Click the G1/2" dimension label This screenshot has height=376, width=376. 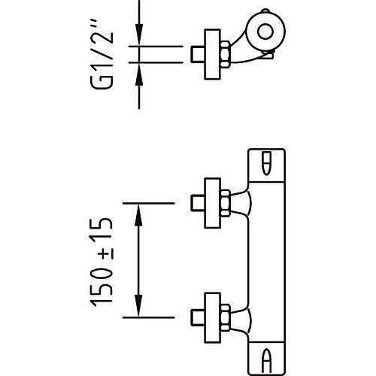pyautogui.click(x=102, y=54)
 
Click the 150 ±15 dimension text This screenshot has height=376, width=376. pyautogui.click(x=102, y=262)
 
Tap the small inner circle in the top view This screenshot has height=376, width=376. pyautogui.click(x=265, y=32)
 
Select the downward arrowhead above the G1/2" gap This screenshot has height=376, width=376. pyautogui.click(x=139, y=35)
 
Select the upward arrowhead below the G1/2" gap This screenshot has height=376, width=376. pyautogui.click(x=139, y=74)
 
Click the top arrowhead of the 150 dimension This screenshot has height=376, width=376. pyautogui.click(x=138, y=215)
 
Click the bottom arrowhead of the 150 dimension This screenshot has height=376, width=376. pyautogui.click(x=138, y=305)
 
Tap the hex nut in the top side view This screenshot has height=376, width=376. pyautogui.click(x=225, y=54)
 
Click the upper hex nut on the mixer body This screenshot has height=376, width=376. pyautogui.click(x=225, y=203)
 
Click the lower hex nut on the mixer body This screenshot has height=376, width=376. pyautogui.click(x=225, y=317)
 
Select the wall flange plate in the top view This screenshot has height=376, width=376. pyautogui.click(x=213, y=54)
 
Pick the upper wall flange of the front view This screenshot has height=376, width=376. pyautogui.click(x=213, y=203)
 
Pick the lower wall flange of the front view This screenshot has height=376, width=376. pyautogui.click(x=213, y=317)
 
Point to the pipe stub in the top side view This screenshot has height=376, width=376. pyautogui.click(x=198, y=54)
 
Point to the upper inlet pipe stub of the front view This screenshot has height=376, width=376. pyautogui.click(x=198, y=203)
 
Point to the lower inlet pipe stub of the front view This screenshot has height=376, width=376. pyautogui.click(x=198, y=317)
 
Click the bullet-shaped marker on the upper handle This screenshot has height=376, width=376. pyautogui.click(x=267, y=163)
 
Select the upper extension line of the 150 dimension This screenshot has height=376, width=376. pyautogui.click(x=148, y=203)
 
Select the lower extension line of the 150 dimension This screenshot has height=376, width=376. pyautogui.click(x=148, y=317)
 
